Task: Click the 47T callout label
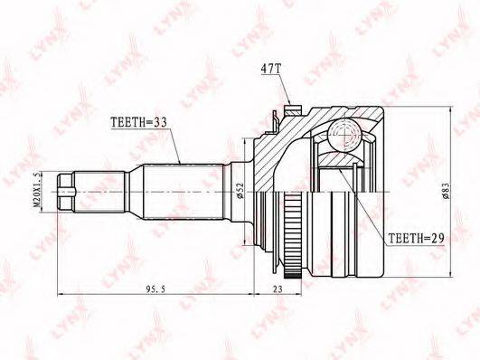tap(270, 70)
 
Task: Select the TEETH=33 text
tap(138, 122)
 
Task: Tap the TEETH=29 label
tap(417, 238)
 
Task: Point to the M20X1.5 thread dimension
tap(37, 190)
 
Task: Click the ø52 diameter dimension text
tap(240, 191)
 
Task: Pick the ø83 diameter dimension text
tap(446, 191)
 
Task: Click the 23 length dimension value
tap(278, 289)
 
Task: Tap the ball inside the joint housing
tap(344, 133)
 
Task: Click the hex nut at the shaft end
tap(66, 192)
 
